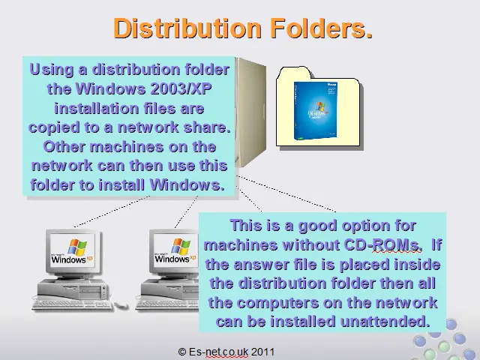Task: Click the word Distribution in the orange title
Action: tap(187, 28)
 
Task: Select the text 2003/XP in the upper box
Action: tap(181, 88)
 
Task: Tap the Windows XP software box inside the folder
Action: tap(316, 110)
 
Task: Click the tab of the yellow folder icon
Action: tap(295, 73)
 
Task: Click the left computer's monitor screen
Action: tap(73, 250)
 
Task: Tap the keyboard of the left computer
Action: tap(72, 305)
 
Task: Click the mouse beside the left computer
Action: tap(121, 304)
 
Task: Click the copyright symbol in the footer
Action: tap(181, 352)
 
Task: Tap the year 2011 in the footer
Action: tap(262, 352)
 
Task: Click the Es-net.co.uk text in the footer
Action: tap(218, 352)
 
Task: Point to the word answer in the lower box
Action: tap(262, 265)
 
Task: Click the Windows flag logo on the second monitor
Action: tap(180, 247)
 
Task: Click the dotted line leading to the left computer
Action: tap(112, 211)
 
